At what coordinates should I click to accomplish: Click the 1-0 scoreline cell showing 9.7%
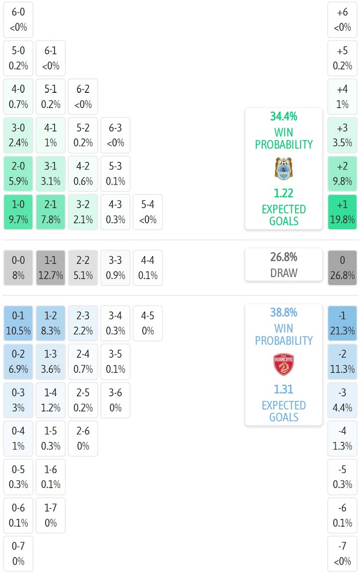tap(18, 212)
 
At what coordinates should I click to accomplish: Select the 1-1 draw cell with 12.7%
tap(51, 267)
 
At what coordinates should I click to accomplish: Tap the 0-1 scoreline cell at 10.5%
tap(18, 323)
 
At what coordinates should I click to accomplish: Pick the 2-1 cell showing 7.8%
tap(51, 212)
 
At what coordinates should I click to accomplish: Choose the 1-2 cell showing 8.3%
tap(51, 323)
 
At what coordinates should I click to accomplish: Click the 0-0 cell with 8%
tap(18, 267)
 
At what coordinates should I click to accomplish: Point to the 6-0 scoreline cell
tap(18, 19)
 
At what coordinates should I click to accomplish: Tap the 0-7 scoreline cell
tap(18, 554)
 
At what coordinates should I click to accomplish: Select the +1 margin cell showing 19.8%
tap(342, 212)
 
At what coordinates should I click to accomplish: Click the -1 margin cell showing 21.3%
tap(342, 323)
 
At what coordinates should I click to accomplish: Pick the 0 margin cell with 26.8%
tap(342, 267)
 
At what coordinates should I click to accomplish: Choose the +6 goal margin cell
tap(342, 19)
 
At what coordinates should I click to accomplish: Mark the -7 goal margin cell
tap(342, 554)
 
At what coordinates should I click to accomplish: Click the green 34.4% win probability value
tap(283, 117)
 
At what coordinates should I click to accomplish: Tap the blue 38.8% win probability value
tap(283, 313)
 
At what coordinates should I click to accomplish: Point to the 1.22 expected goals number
tap(283, 193)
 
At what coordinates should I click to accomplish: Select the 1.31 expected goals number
tap(283, 389)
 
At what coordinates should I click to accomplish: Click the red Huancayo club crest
tap(283, 365)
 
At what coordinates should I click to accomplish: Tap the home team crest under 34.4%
tap(283, 168)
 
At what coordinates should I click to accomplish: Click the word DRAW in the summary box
tap(283, 273)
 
